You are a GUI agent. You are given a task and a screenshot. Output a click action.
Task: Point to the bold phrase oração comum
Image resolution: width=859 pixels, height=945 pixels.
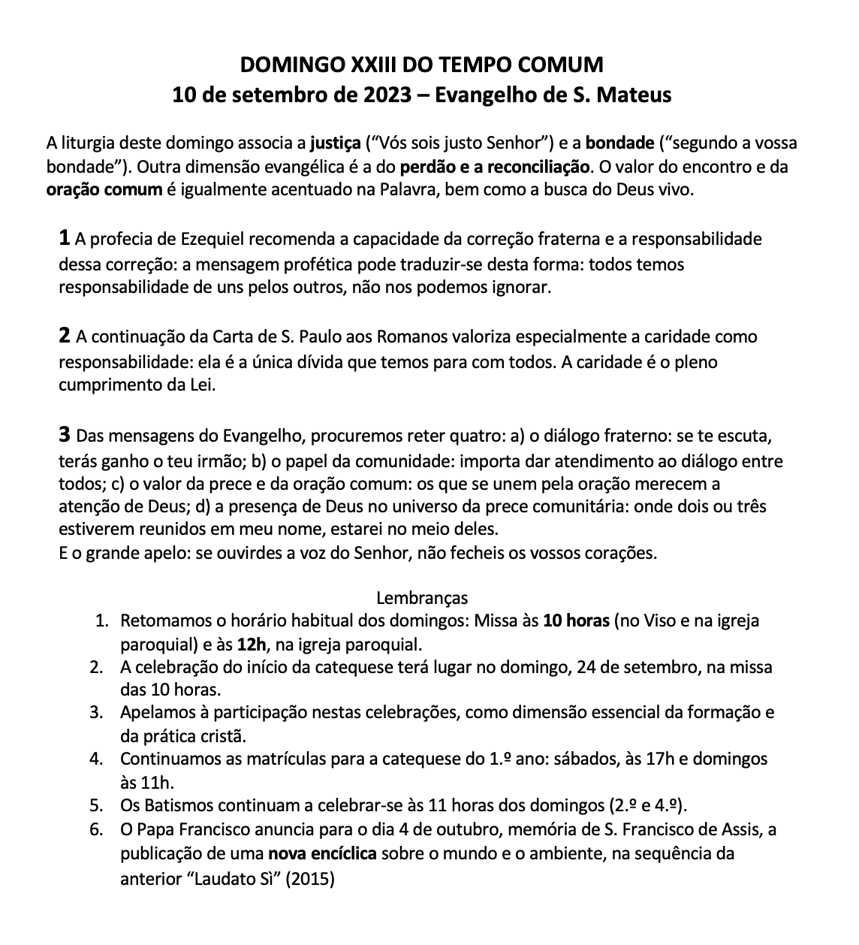104,189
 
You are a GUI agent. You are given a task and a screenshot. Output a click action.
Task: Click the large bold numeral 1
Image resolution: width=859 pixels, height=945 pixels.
65,239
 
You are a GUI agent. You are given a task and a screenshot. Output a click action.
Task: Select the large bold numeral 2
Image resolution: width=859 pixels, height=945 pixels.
65,336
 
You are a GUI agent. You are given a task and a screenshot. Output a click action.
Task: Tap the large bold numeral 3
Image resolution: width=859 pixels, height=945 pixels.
65,434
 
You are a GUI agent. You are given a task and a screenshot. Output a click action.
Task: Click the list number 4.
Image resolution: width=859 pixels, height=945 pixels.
95,759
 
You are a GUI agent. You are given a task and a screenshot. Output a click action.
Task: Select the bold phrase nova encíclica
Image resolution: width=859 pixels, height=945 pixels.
324,853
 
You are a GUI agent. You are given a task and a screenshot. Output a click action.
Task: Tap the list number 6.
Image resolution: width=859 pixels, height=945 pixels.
95,830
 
